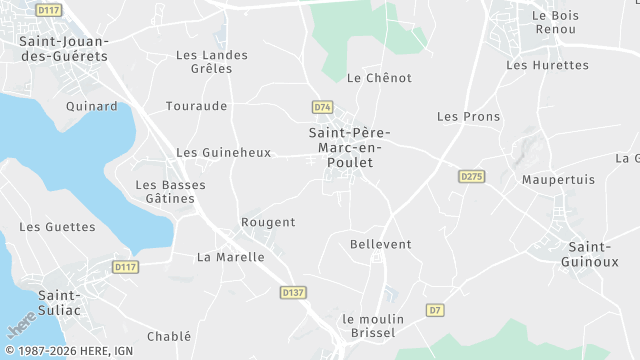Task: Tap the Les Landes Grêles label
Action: (204, 62)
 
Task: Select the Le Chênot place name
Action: (379, 77)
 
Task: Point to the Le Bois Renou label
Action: (554, 22)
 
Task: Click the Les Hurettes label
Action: (547, 65)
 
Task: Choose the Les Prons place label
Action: (469, 117)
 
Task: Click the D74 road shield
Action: (322, 107)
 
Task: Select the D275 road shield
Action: (472, 176)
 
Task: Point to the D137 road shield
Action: (292, 292)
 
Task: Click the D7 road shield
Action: (434, 310)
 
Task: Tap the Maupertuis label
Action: (558, 179)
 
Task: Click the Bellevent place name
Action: (381, 244)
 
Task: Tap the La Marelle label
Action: (231, 257)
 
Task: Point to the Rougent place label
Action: (269, 222)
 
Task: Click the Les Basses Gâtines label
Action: (165, 192)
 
